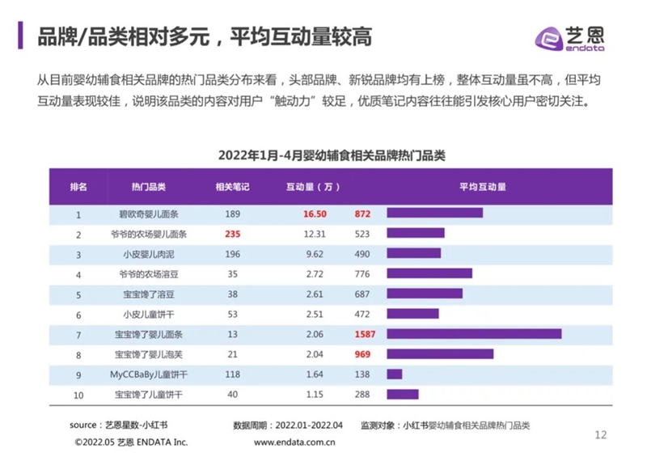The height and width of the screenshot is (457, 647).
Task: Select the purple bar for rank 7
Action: click(x=474, y=333)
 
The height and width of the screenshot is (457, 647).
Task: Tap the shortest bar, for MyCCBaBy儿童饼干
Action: click(x=394, y=374)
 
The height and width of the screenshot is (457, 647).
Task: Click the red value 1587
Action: click(x=365, y=334)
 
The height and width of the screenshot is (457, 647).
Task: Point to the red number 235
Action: click(x=233, y=234)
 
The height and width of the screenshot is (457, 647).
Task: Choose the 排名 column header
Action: click(x=79, y=187)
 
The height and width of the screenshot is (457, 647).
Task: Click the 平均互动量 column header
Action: click(x=483, y=187)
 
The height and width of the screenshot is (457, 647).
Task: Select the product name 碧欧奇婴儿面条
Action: click(x=149, y=214)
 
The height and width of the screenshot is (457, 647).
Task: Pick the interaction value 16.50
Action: click(x=314, y=214)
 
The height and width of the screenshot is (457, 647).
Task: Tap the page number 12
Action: click(x=600, y=435)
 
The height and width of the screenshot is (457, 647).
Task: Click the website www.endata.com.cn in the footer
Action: click(x=295, y=442)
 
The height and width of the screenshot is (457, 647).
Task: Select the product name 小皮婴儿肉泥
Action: click(x=149, y=254)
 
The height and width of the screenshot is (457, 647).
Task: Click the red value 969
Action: click(x=362, y=354)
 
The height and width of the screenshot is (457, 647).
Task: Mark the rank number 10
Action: click(x=79, y=395)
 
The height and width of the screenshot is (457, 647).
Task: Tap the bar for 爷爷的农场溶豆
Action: click(x=429, y=274)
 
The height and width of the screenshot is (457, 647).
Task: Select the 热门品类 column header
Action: click(x=149, y=187)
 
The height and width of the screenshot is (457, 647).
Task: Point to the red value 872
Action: click(x=362, y=214)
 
